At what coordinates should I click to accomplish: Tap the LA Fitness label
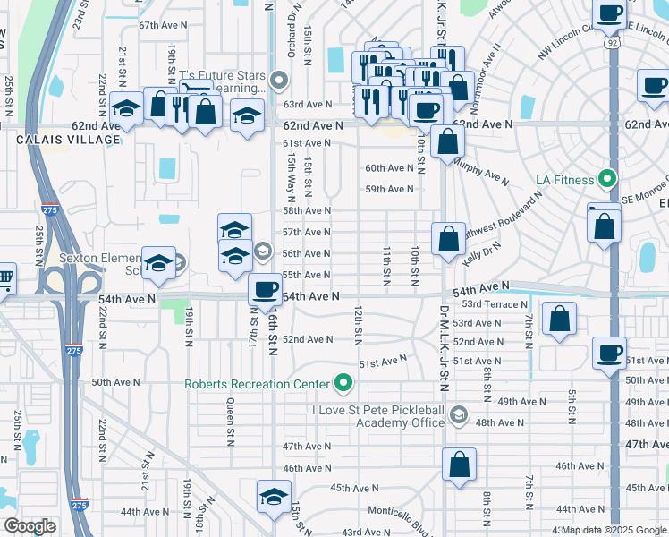(x=564, y=180)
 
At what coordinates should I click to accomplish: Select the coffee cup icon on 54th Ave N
(x=265, y=289)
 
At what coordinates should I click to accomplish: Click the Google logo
(x=30, y=526)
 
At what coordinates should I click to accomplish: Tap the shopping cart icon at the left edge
(x=4, y=277)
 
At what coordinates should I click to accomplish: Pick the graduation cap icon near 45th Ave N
(x=274, y=496)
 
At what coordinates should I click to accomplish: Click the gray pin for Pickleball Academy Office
(x=459, y=413)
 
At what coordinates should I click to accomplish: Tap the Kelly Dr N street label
(x=482, y=251)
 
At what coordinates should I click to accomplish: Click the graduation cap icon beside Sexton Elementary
(x=158, y=263)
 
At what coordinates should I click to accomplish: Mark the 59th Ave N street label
(x=389, y=189)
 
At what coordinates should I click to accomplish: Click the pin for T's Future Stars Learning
(x=278, y=81)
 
